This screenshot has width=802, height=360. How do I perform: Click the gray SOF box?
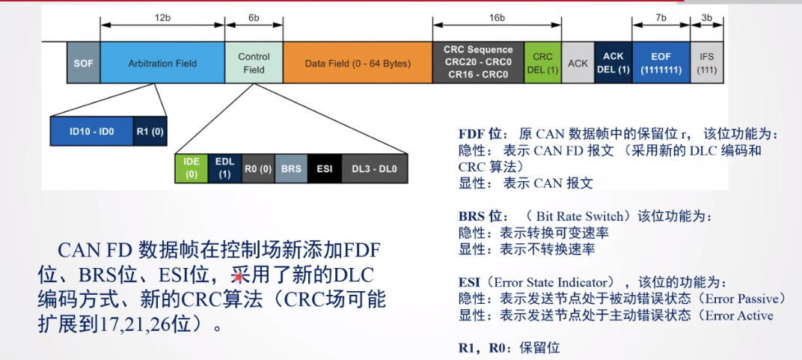[x=83, y=63]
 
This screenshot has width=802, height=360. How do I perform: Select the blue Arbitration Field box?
[x=162, y=63]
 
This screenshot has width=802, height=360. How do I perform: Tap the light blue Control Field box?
[x=254, y=63]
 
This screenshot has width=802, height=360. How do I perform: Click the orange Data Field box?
[x=358, y=63]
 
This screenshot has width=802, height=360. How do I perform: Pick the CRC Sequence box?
[x=478, y=63]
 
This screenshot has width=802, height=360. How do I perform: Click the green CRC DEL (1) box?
[x=542, y=63]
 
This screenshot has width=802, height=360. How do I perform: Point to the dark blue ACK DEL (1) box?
[x=613, y=63]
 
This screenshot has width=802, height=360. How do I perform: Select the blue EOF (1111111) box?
[x=661, y=63]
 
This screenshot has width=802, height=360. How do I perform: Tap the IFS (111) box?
[x=707, y=63]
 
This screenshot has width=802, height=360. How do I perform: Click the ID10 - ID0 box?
[x=91, y=131]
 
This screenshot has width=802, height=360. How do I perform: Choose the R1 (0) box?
[x=150, y=131]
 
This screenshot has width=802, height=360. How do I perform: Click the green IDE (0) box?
[x=191, y=168]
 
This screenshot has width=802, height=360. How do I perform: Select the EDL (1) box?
[x=224, y=168]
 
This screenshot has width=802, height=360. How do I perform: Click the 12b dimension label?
[x=162, y=15]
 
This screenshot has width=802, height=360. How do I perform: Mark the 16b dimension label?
[x=497, y=15]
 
